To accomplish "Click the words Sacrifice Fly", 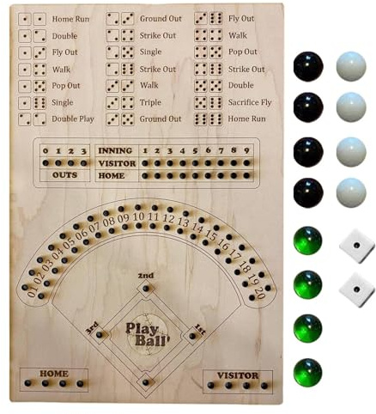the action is (x=250, y=102).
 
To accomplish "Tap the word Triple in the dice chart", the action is (x=150, y=102).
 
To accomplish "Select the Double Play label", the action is (x=73, y=119).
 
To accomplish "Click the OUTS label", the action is (x=64, y=175).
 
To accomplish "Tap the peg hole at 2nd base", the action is (x=146, y=288).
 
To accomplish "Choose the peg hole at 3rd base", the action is (x=100, y=334).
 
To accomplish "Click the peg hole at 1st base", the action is (x=192, y=336).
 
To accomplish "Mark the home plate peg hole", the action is (x=146, y=382).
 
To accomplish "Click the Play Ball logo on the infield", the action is (x=146, y=334).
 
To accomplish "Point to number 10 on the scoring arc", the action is (x=138, y=216).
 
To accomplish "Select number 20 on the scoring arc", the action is (x=259, y=291).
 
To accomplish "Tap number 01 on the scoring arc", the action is (x=32, y=290).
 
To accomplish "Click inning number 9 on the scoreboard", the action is (x=246, y=150).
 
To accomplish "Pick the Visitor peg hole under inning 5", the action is (x=196, y=163).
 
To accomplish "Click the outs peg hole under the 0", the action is (x=45, y=163).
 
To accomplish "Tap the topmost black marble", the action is (x=308, y=66).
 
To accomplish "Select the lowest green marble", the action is (x=308, y=373).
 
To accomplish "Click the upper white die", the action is (x=356, y=246).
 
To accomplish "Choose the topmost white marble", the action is (x=351, y=66).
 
